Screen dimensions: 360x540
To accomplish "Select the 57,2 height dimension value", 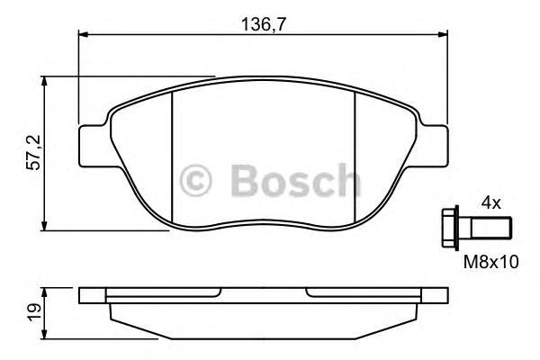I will (x=33, y=154).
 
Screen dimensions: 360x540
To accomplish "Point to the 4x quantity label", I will (x=490, y=203).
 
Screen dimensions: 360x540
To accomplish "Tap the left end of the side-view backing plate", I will (x=84, y=294).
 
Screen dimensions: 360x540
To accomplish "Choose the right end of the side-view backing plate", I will (x=444, y=294).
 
